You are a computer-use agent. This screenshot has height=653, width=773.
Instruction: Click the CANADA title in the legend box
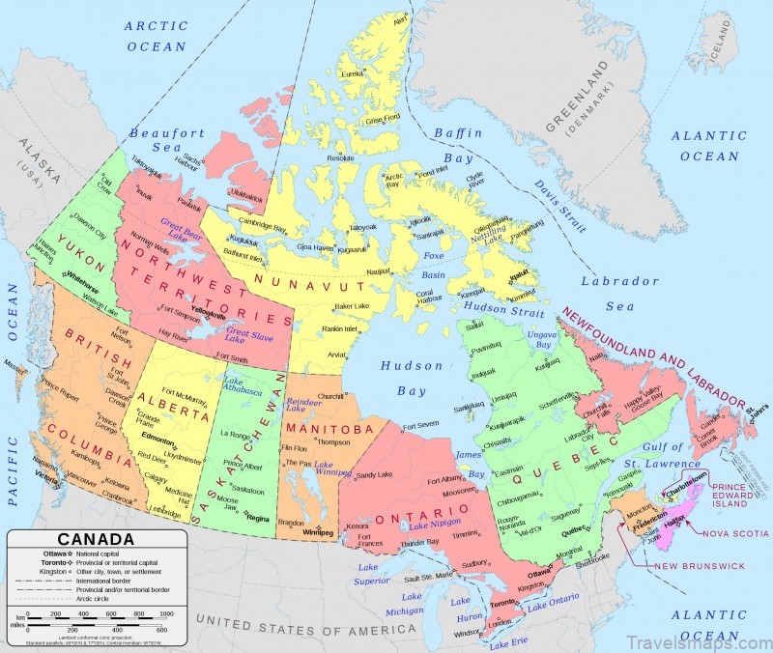(x=97, y=540)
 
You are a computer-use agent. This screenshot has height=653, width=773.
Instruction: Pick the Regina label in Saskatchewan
(x=259, y=519)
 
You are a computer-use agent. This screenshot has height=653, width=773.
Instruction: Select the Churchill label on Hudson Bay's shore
(x=331, y=396)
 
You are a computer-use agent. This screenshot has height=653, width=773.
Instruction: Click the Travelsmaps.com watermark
(x=701, y=639)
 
